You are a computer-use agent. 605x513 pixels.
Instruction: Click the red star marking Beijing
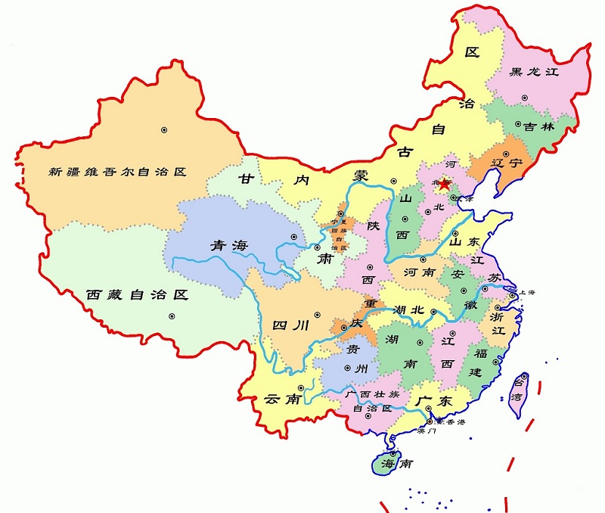tap(446, 183)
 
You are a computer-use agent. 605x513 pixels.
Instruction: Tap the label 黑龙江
tap(533, 73)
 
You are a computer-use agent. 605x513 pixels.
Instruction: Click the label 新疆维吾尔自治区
tap(116, 172)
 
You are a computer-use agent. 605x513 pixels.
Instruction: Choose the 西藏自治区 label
tap(136, 294)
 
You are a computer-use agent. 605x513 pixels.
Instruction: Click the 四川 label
tap(290, 326)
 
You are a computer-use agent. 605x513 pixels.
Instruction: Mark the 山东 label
tap(466, 243)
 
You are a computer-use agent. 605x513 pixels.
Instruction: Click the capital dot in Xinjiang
tap(163, 130)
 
